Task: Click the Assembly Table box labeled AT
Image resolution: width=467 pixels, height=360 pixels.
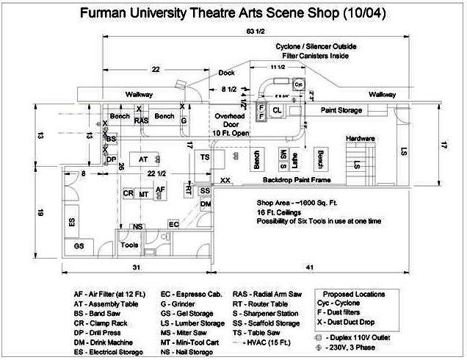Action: click(143, 159)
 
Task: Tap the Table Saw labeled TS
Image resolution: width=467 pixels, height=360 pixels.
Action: click(206, 158)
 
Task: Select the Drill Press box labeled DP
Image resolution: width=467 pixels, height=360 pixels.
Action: click(111, 159)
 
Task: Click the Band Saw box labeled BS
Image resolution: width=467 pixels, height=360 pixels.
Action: click(111, 139)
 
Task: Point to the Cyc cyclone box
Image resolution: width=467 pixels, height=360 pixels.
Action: click(298, 84)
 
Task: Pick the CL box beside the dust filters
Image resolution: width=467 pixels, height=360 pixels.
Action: click(277, 110)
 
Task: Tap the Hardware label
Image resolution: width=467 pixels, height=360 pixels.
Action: click(361, 138)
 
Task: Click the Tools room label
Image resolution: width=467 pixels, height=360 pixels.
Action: click(129, 245)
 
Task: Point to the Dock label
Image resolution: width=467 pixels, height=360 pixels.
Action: click(226, 73)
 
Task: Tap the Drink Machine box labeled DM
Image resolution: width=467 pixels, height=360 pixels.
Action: click(206, 204)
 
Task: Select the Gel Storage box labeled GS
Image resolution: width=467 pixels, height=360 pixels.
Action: click(79, 245)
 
